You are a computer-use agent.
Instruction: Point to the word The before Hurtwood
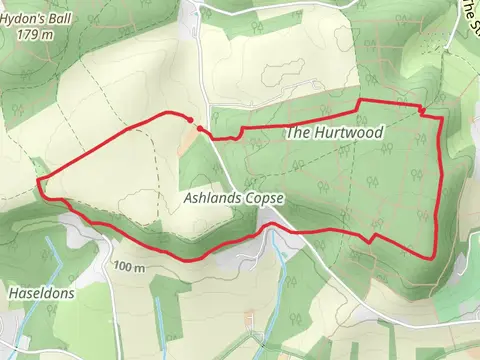[298, 132]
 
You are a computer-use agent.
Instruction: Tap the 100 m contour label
[129, 267]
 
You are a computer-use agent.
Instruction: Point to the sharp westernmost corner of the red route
[39, 182]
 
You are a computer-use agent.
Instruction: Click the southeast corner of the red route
[430, 257]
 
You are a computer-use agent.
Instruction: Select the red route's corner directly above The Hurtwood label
[359, 102]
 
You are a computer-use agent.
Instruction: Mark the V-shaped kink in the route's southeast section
[371, 240]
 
